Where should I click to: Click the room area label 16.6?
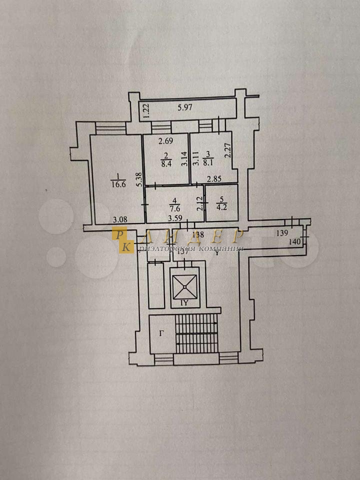pyautogui.click(x=116, y=184)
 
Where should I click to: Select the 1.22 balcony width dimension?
pyautogui.click(x=146, y=110)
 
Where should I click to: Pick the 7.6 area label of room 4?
pyautogui.click(x=175, y=209)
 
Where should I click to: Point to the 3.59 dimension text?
pyautogui.click(x=175, y=218)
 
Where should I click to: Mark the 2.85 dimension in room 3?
pyautogui.click(x=214, y=178)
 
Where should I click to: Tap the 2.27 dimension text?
pyautogui.click(x=227, y=150)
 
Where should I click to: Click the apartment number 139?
pyautogui.click(x=282, y=233)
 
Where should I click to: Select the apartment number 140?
pyautogui.click(x=296, y=241)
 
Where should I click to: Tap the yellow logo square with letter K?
pyautogui.click(x=125, y=246)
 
